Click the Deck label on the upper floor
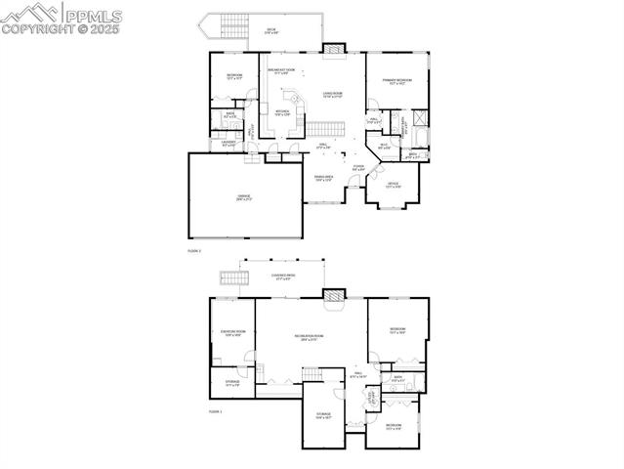tap(272, 31)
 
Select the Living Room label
tap(332, 95)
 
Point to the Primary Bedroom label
tap(397, 82)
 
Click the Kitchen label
tap(281, 113)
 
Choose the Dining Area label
tap(323, 178)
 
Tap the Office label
tap(393, 184)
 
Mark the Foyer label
tap(358, 168)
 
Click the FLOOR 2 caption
tap(193, 251)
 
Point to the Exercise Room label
tap(232, 333)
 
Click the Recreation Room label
tap(312, 338)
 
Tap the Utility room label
tap(372, 397)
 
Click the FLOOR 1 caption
tap(215, 411)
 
